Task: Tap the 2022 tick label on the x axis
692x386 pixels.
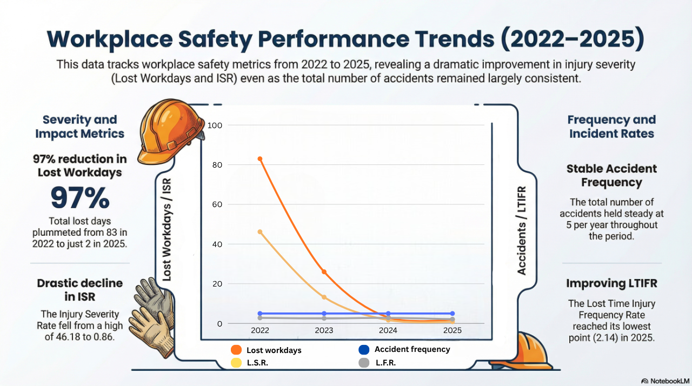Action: point(260,330)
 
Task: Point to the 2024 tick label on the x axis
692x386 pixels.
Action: point(388,330)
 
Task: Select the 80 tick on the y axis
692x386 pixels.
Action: point(217,165)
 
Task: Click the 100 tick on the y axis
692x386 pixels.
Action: point(215,125)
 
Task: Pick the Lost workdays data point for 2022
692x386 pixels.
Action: point(260,159)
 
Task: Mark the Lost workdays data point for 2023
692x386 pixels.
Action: point(324,272)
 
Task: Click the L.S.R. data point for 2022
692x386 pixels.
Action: point(260,232)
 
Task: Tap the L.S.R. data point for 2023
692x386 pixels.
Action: point(324,297)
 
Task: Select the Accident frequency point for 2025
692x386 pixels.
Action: point(453,314)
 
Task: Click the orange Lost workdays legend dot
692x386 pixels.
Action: point(236,350)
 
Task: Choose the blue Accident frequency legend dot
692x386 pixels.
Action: point(364,350)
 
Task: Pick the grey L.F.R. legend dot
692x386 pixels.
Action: point(364,363)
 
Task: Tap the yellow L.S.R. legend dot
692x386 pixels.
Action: point(236,363)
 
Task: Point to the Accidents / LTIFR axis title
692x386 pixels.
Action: point(522,230)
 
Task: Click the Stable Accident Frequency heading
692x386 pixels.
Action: point(611,175)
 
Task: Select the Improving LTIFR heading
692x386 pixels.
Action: point(611,283)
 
